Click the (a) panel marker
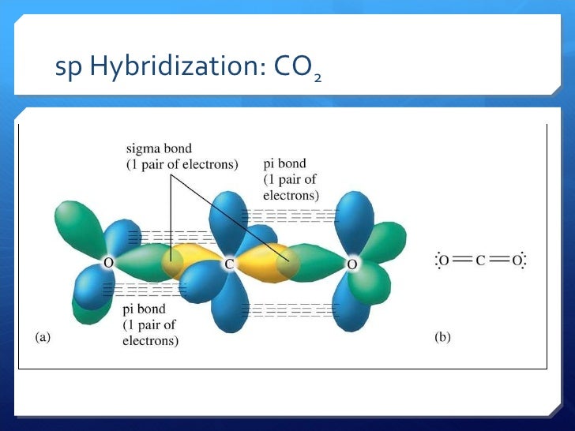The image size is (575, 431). click(43, 336)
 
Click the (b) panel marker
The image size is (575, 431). click(442, 336)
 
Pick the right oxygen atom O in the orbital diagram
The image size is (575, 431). click(352, 264)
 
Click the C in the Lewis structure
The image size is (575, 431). click(480, 260)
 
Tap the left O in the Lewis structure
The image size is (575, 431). click(445, 260)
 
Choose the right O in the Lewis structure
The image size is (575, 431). click(516, 260)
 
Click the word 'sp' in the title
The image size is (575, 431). click(67, 70)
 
